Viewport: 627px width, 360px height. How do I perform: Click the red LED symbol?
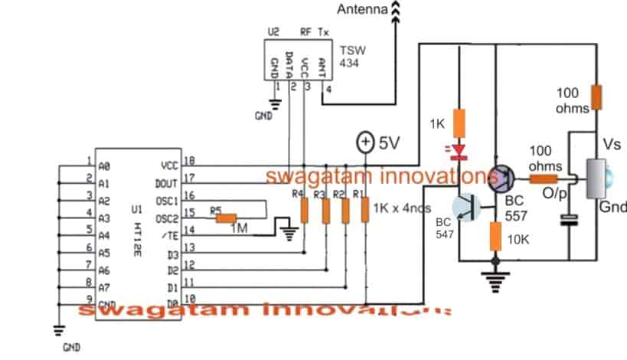coord(459,152)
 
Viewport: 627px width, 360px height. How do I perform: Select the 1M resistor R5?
coord(227,218)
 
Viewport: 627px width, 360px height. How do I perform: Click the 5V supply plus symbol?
coord(365,142)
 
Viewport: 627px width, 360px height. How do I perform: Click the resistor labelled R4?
coord(305,210)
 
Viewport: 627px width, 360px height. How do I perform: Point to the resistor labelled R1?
coord(364,210)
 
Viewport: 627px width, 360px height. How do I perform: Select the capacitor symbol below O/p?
coord(569,221)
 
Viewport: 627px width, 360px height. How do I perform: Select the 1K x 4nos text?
coord(402,208)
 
